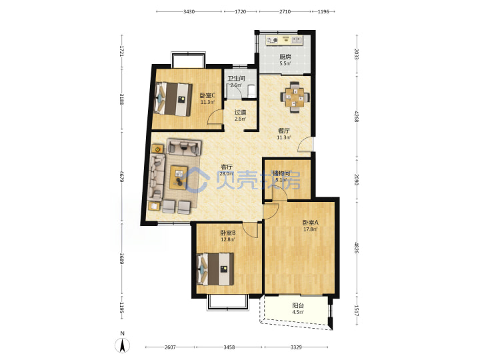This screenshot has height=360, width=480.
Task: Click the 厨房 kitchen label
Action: pyautogui.click(x=285, y=57)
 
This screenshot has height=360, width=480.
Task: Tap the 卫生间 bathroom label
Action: pyautogui.click(x=236, y=79)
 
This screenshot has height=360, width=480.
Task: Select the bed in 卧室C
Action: pyautogui.click(x=173, y=99)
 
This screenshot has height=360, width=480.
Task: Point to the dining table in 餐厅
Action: pyautogui.click(x=295, y=97)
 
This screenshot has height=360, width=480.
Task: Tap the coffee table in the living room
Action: pyautogui.click(x=179, y=177)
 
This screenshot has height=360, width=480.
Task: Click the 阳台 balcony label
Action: pyautogui.click(x=298, y=305)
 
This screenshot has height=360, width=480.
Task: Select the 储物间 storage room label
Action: pyautogui.click(x=281, y=173)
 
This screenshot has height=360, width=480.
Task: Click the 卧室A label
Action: pyautogui.click(x=311, y=223)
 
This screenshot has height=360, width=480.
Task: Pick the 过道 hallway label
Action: pyautogui.click(x=240, y=113)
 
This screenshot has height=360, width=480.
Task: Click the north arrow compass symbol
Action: pyautogui.click(x=122, y=345)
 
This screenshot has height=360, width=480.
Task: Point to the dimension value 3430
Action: pyautogui.click(x=189, y=11)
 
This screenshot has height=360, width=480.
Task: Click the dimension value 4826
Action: pyautogui.click(x=356, y=247)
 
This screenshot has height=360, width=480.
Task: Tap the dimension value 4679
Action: pyautogui.click(x=122, y=177)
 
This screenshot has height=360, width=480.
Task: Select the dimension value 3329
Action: pyautogui.click(x=296, y=347)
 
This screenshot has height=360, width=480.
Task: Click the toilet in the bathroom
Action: pyautogui.click(x=251, y=91)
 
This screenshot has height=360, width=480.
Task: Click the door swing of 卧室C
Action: pyautogui.click(x=215, y=119)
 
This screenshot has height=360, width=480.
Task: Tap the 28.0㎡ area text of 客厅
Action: pyautogui.click(x=227, y=173)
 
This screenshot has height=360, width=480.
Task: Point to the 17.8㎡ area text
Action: pyautogui.click(x=310, y=229)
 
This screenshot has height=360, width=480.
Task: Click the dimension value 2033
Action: pyautogui.click(x=356, y=54)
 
